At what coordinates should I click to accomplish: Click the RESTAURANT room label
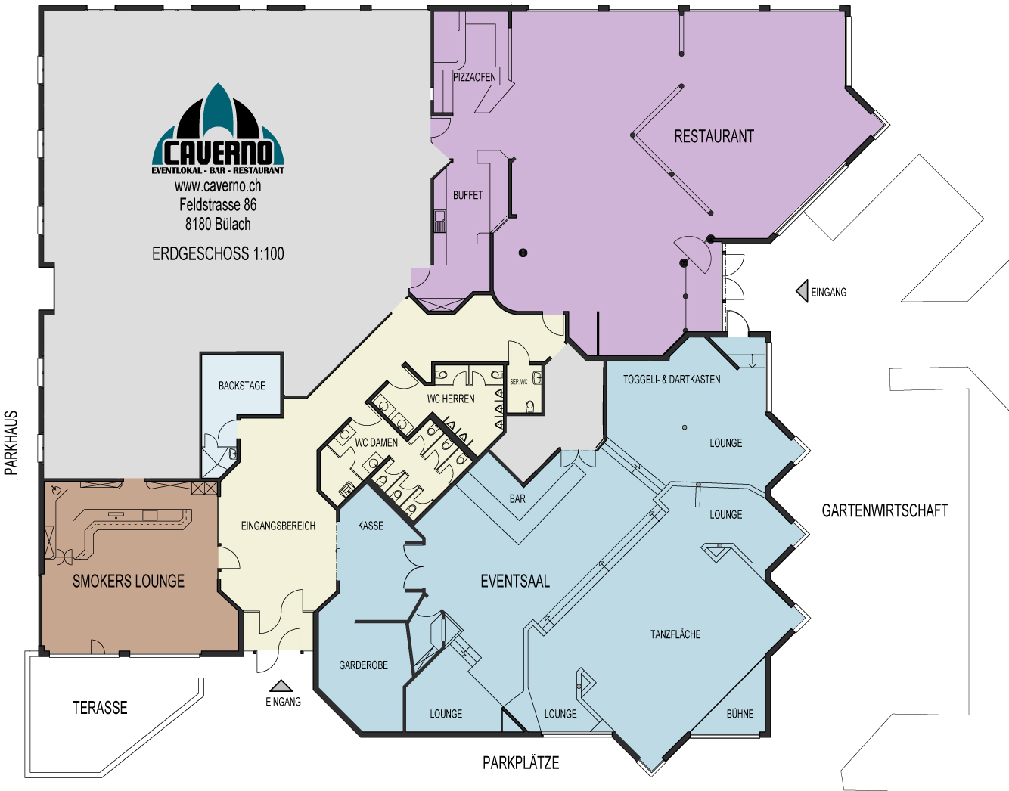click(x=714, y=136)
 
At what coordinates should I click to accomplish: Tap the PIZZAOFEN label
click(x=474, y=77)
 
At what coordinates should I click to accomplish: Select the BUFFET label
click(x=467, y=195)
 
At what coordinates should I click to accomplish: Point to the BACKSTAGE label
click(x=242, y=386)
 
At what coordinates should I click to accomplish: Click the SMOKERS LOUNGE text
click(x=129, y=582)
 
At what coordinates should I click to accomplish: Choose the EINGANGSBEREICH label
click(x=278, y=526)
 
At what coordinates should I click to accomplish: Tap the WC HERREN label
click(x=451, y=399)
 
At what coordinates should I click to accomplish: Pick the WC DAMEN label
click(x=376, y=443)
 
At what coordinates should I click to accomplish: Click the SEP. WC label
click(x=519, y=382)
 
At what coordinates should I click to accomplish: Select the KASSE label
click(x=371, y=526)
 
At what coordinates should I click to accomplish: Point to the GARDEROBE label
click(x=363, y=665)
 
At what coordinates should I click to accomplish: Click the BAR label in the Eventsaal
click(x=517, y=498)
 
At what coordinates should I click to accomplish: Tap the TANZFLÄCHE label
click(x=675, y=634)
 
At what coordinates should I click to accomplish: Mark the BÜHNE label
click(x=740, y=713)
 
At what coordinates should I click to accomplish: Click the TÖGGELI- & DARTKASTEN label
click(x=672, y=380)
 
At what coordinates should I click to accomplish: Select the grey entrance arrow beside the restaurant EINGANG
click(x=802, y=291)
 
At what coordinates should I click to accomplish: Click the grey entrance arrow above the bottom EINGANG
click(x=281, y=686)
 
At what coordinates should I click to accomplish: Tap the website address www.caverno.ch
click(x=218, y=186)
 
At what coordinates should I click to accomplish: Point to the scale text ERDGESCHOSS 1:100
click(x=218, y=254)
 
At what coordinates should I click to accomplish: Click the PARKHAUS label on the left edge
click(x=11, y=443)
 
